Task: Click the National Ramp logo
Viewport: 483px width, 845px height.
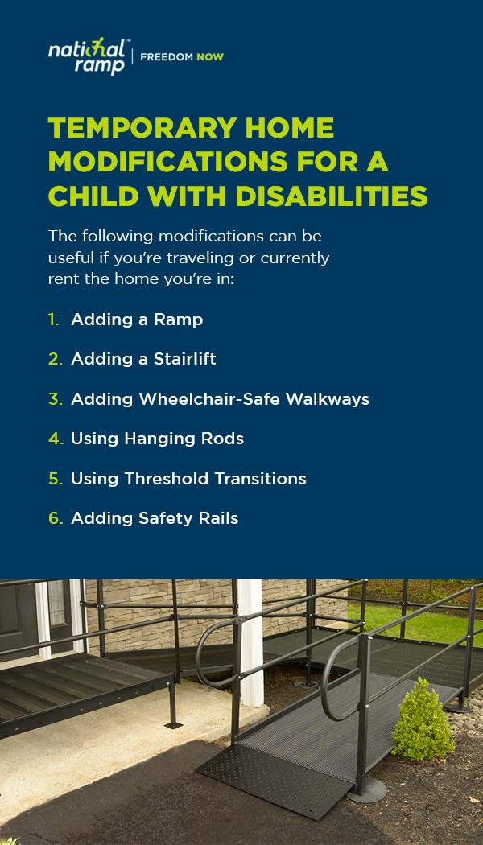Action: point(86,56)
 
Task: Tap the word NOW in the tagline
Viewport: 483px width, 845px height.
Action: point(209,56)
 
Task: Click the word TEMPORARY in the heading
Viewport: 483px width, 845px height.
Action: point(140,128)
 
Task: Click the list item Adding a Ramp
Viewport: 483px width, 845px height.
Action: point(137,319)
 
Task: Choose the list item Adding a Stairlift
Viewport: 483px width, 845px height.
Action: point(143,359)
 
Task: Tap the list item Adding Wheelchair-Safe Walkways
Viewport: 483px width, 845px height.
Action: point(220,399)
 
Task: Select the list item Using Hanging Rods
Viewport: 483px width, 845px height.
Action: point(158,439)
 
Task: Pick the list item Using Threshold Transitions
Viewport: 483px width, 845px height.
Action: point(188,479)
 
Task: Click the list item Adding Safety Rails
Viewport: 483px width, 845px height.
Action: point(155,518)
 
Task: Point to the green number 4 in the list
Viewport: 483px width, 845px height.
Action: point(55,439)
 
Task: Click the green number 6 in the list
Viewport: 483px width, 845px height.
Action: point(56,518)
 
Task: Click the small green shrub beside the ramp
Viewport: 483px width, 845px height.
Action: point(423,719)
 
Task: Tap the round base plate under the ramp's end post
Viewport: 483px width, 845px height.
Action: point(366,790)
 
